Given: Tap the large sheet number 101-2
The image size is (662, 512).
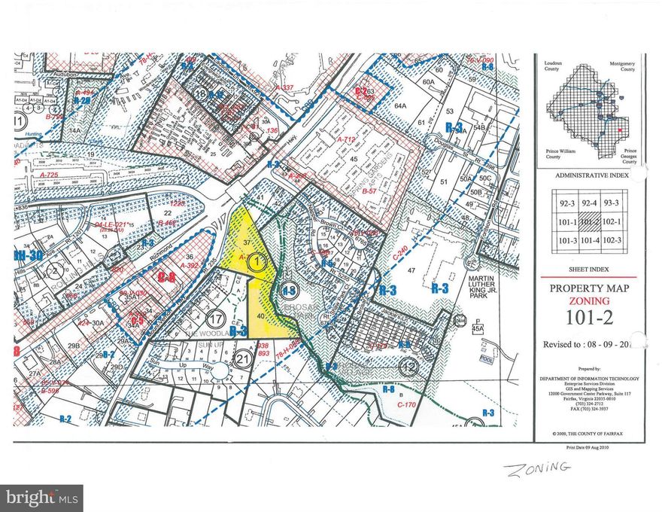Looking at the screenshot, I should [588, 316].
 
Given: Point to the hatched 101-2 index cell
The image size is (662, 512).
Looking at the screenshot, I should [590, 221].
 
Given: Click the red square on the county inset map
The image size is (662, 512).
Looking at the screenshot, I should [619, 131].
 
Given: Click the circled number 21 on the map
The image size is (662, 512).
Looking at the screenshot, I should [243, 358].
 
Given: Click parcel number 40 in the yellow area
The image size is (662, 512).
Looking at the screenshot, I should [261, 316].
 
